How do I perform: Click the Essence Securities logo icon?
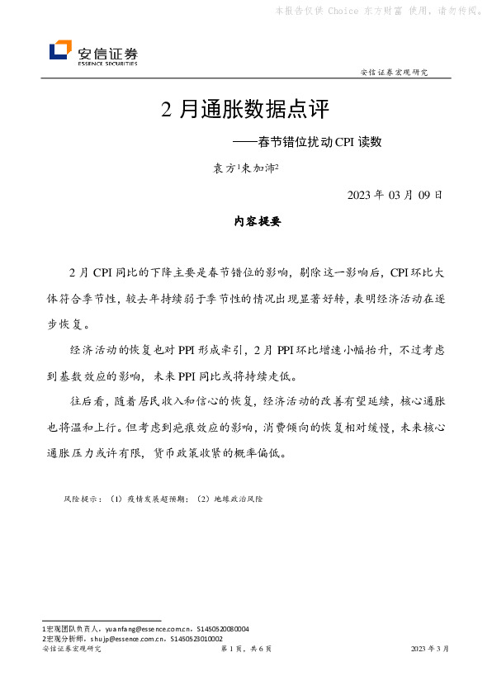pyautogui.click(x=59, y=51)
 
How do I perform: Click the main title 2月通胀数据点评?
pyautogui.click(x=244, y=110)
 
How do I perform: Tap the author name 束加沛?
pyautogui.click(x=258, y=168)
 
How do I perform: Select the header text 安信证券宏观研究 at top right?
pyautogui.click(x=394, y=73)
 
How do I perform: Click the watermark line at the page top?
pyautogui.click(x=376, y=11)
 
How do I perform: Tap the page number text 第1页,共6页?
pyautogui.click(x=246, y=650)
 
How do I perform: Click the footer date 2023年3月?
pyautogui.click(x=430, y=650)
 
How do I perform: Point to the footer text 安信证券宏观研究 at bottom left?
pyautogui.click(x=72, y=650)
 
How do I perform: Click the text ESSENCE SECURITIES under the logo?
pyautogui.click(x=107, y=63)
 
